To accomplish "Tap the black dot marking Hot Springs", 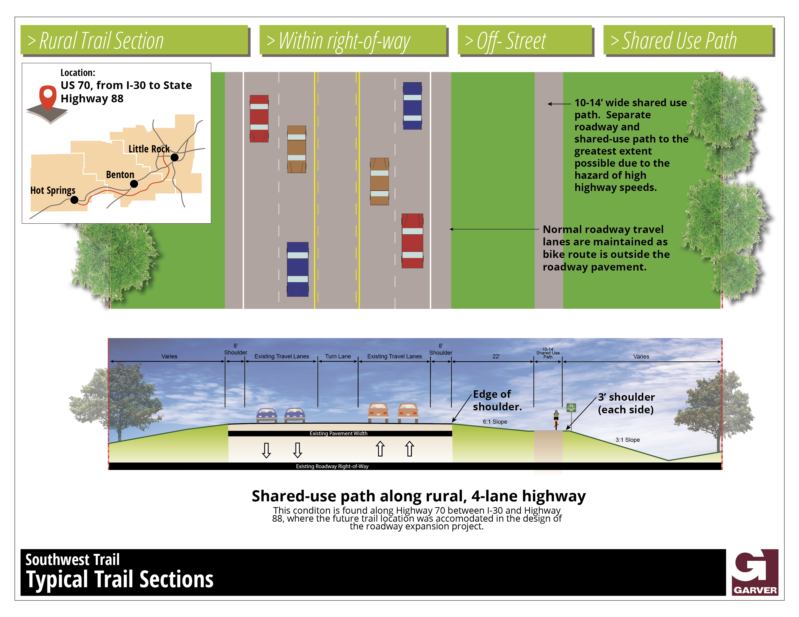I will click(x=74, y=200).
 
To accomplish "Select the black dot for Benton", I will click(x=134, y=184).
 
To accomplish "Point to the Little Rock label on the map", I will click(x=149, y=149).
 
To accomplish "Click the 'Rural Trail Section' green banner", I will click(x=135, y=40).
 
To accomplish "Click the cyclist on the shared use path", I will click(x=556, y=419).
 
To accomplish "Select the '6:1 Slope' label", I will click(x=495, y=422).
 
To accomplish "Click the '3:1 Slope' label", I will click(x=627, y=440).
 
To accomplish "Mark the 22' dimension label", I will click(x=496, y=356).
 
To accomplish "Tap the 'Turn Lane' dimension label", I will click(x=338, y=356).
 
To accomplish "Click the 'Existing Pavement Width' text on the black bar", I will click(x=338, y=433).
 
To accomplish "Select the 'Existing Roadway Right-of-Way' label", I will click(x=332, y=466).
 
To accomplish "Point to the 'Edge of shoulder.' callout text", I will click(x=497, y=400).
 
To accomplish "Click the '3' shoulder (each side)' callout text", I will click(x=626, y=403).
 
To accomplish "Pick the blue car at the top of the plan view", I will click(x=412, y=106).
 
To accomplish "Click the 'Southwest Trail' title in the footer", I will click(x=72, y=560).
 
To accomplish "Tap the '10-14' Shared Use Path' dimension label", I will click(x=548, y=353).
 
